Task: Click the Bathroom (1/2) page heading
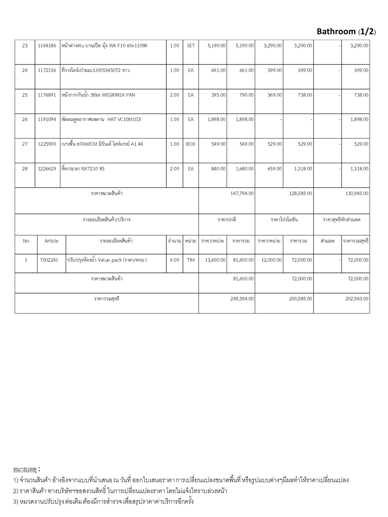tap(346, 32)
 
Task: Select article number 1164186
tap(47, 46)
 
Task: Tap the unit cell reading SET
tap(191, 46)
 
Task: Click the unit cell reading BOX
tap(191, 144)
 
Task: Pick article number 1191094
tap(47, 119)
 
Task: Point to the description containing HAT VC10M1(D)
tap(101, 119)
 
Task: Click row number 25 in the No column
tap(25, 95)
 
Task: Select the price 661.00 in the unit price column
tap(219, 70)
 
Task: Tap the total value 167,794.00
tap(242, 194)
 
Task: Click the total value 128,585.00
tap(301, 194)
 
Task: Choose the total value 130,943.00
tap(357, 194)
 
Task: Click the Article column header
tap(51, 241)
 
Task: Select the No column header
tap(26, 241)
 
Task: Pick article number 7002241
tap(49, 260)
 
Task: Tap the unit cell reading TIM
tap(191, 260)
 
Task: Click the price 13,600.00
tap(215, 260)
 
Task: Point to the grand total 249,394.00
tap(242, 299)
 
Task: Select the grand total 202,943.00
tap(357, 299)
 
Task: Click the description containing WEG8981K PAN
tap(98, 95)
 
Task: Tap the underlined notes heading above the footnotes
tap(25, 470)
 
